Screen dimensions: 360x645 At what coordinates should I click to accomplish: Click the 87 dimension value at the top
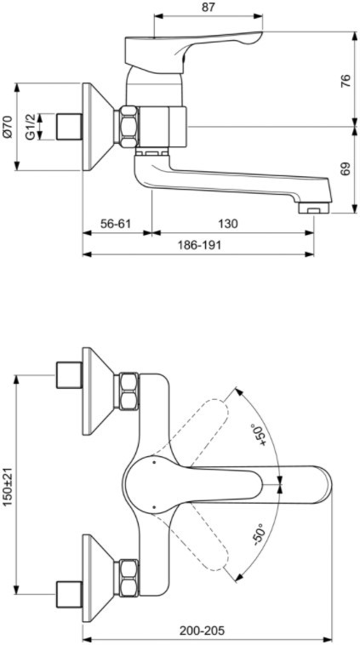point(209,7)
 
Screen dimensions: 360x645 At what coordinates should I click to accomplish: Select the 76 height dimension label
point(346,80)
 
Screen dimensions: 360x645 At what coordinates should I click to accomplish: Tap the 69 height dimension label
point(346,168)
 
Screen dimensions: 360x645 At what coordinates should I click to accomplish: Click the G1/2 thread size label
point(30,127)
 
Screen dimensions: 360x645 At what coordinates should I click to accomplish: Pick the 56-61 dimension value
point(116,224)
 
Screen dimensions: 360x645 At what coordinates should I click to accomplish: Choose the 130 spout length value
point(227,224)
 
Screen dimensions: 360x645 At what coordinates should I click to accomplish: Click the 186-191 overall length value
point(199,246)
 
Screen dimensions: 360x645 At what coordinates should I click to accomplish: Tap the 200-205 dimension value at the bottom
point(203,631)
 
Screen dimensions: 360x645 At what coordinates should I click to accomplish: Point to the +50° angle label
point(260,434)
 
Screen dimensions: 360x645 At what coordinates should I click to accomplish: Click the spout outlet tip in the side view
point(315,208)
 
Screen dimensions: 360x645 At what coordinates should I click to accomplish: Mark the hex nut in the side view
point(128,127)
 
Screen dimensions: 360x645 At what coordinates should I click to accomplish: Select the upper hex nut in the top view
point(129,391)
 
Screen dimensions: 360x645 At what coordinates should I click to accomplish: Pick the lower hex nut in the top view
point(129,578)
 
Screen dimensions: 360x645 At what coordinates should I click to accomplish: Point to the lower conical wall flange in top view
point(98,578)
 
